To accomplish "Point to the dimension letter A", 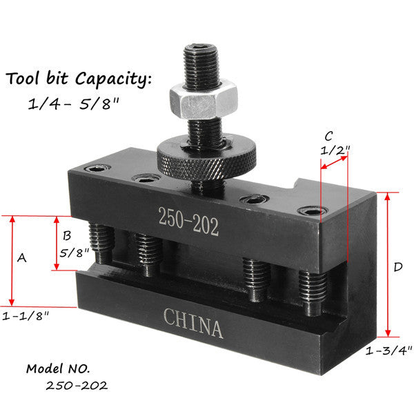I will [x=21, y=257].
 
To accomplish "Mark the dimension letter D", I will [x=397, y=266].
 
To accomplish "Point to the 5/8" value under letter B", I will [x=72, y=253].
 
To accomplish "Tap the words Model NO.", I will [x=58, y=368].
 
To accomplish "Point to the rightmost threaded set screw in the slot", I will [x=311, y=290].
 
